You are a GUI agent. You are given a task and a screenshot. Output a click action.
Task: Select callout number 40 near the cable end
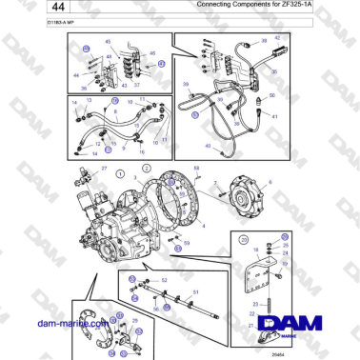tap(210, 146)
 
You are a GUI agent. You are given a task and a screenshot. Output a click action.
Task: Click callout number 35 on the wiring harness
tap(196, 112)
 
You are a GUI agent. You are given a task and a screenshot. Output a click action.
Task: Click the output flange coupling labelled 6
tap(253, 201)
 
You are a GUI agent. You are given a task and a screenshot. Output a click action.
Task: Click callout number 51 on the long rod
tap(195, 292)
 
